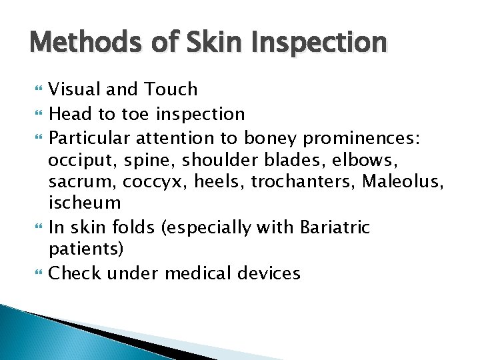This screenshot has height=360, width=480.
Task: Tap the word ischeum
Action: [x=85, y=203]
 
